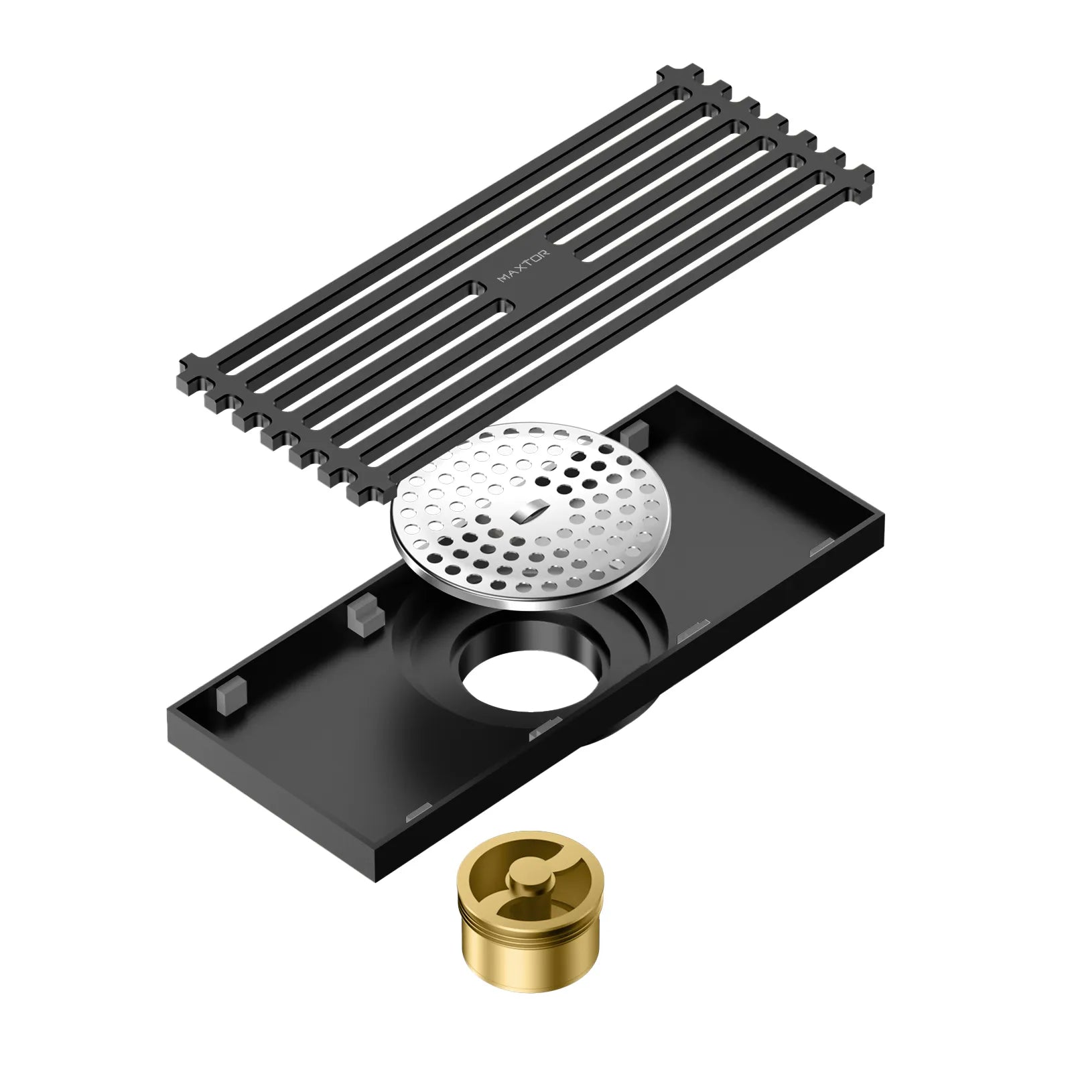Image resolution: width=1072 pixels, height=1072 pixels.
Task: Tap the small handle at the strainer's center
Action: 527,514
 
